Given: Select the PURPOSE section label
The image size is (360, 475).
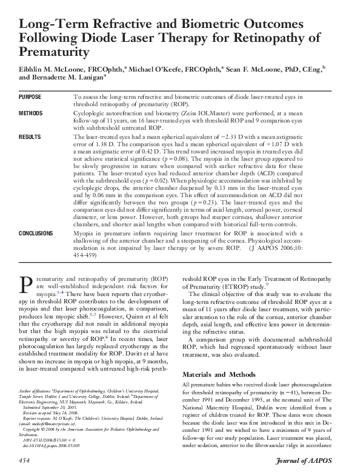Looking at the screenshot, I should [30, 97].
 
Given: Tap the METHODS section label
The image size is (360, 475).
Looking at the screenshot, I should [31, 113].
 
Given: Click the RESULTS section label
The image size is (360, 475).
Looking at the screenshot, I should [30, 138].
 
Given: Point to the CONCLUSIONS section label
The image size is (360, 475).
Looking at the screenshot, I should [36, 233].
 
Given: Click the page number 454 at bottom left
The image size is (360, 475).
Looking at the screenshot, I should [25, 463].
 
